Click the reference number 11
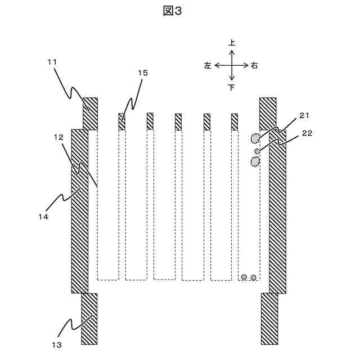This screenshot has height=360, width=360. click(x=52, y=62)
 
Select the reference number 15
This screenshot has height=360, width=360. click(x=143, y=73)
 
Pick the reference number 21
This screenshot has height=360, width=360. click(x=304, y=116)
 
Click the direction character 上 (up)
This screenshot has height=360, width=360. click(x=232, y=43)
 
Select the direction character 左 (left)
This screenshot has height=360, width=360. click(x=208, y=65)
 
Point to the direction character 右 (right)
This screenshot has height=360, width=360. click(x=255, y=65)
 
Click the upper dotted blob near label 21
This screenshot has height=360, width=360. click(x=256, y=137)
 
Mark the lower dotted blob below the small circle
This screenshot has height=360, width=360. click(x=256, y=163)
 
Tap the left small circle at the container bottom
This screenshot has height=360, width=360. click(x=244, y=277)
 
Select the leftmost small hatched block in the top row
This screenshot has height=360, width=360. click(x=121, y=121)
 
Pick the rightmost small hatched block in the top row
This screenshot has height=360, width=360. click(x=235, y=121)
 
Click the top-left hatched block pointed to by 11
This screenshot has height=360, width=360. click(x=90, y=113)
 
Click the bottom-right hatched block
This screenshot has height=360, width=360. click(x=269, y=319)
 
